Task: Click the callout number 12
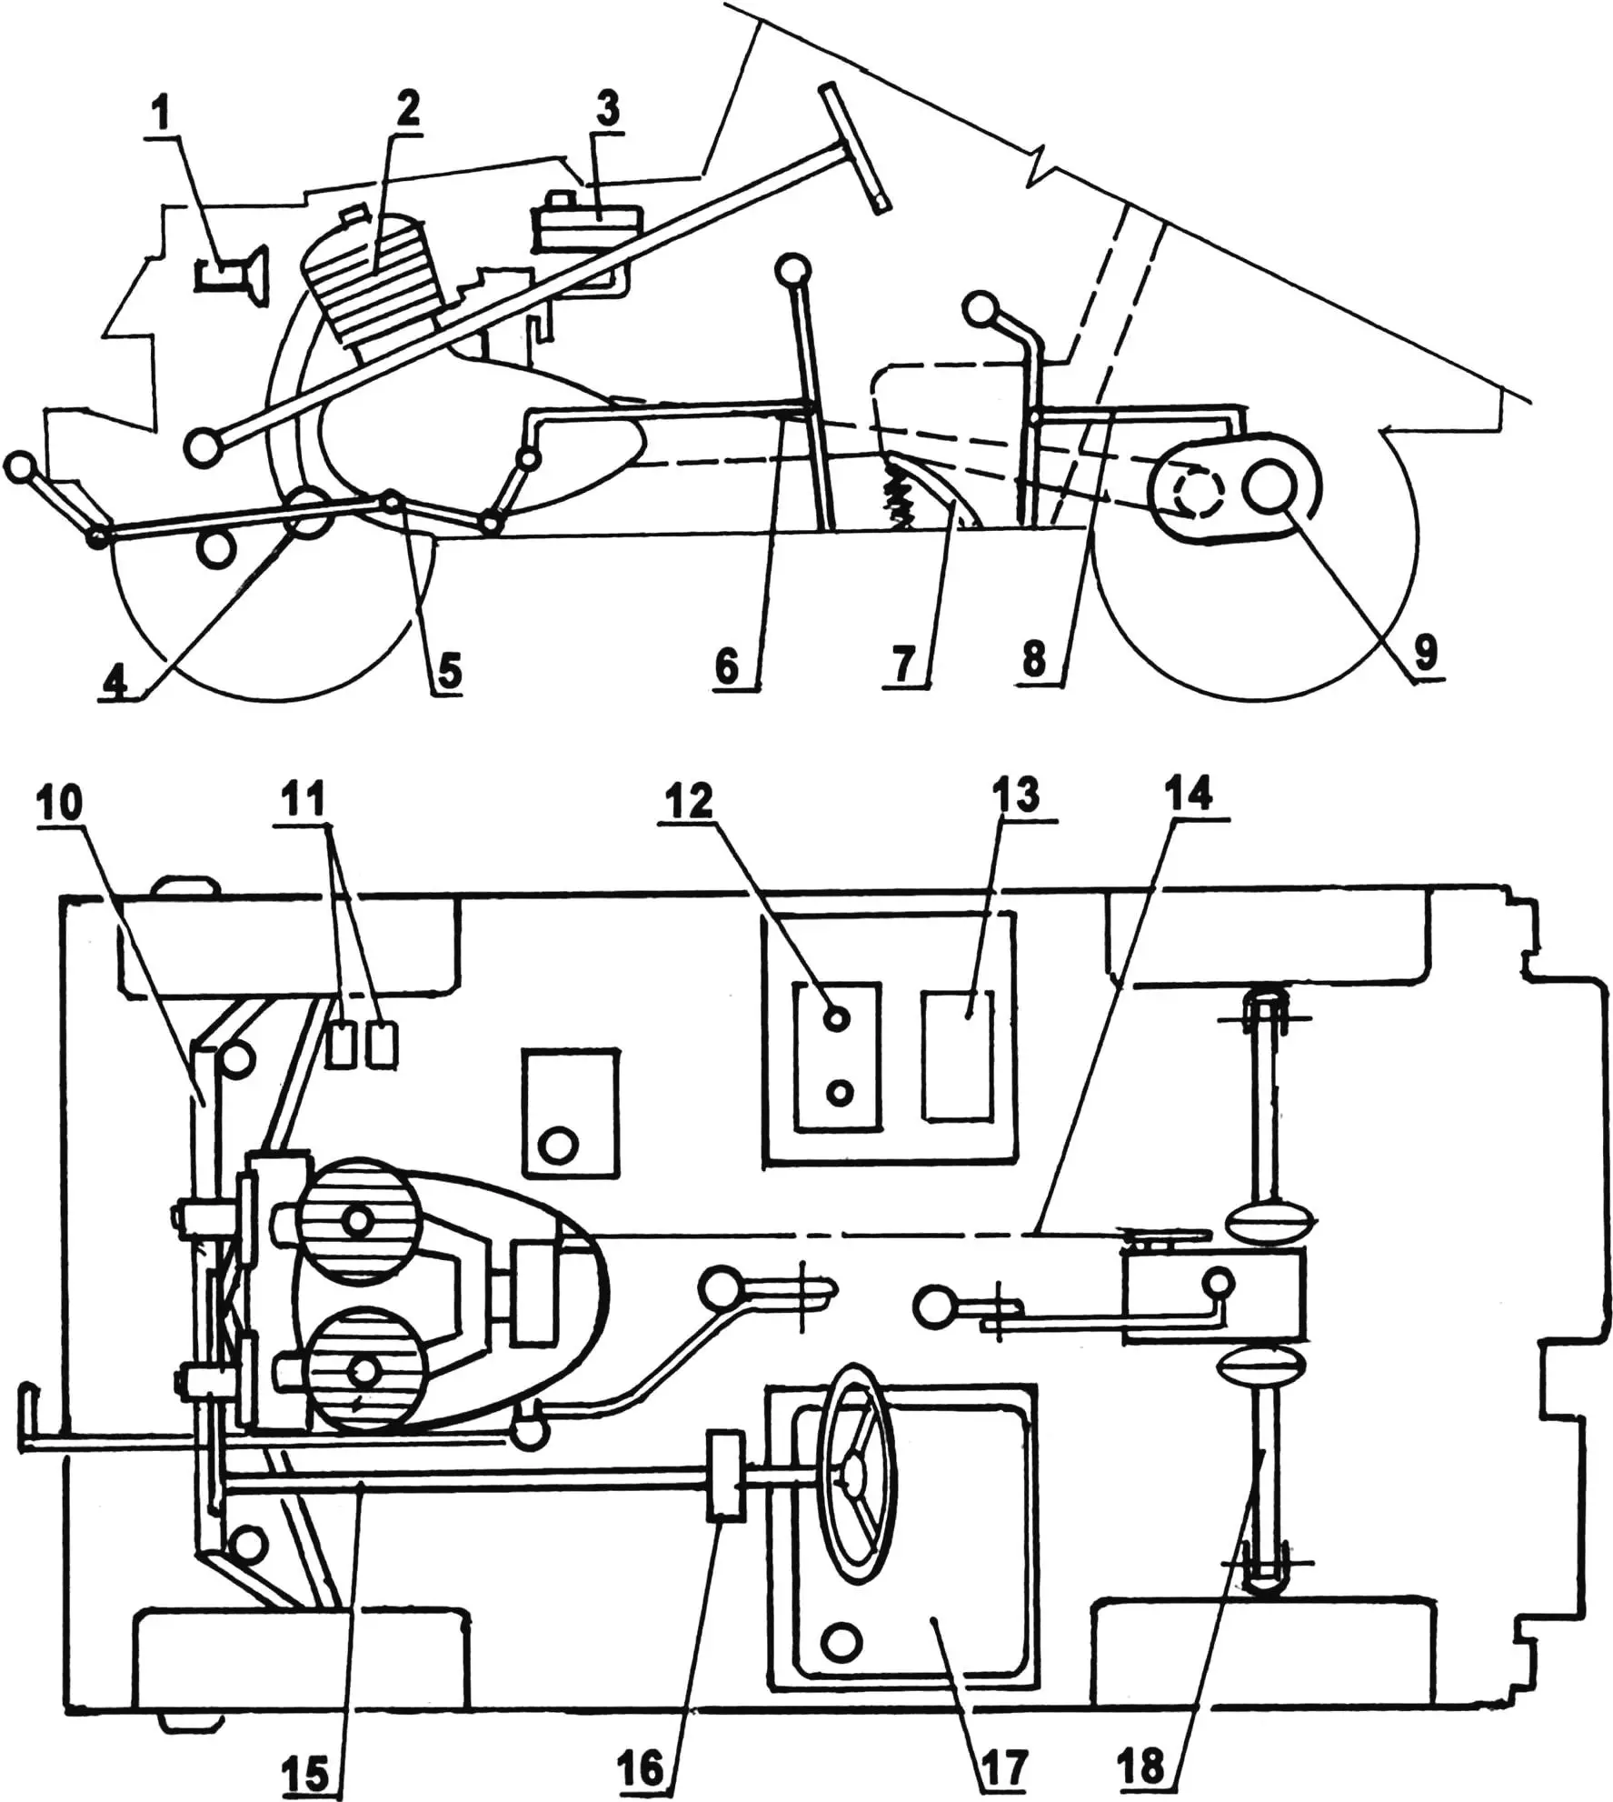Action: click(691, 802)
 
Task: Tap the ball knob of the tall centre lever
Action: click(793, 271)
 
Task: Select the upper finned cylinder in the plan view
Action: click(359, 1219)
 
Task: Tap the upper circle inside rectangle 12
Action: click(837, 1018)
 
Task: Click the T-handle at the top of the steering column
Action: click(852, 147)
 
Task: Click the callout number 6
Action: click(727, 666)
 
